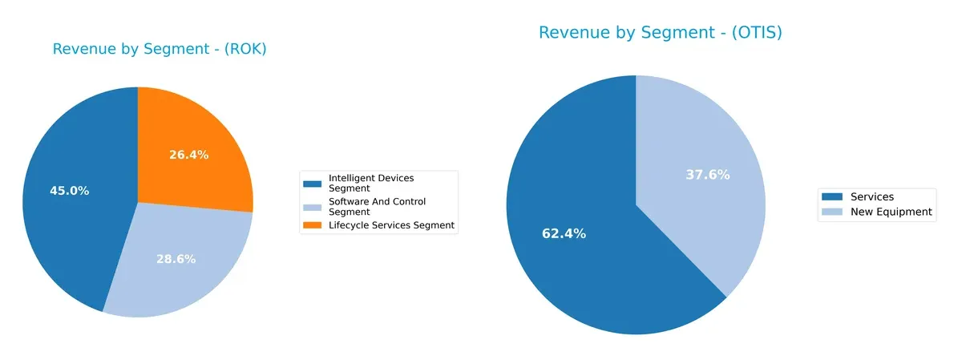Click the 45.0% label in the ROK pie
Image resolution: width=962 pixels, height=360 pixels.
(69, 191)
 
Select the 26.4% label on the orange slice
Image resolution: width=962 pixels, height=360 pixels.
(188, 155)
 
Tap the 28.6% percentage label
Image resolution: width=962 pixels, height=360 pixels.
(176, 259)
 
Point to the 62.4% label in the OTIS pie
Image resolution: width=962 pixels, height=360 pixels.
(564, 234)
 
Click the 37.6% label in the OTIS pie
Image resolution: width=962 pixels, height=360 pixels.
(708, 175)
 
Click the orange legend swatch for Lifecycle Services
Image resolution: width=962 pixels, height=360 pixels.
(315, 226)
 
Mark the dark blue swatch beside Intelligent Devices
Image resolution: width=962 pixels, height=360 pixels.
(315, 183)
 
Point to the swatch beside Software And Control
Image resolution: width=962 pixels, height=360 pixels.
(315, 207)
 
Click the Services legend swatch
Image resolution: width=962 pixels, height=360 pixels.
(833, 197)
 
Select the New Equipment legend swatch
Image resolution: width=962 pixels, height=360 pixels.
(833, 212)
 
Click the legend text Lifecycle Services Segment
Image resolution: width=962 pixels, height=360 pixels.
(391, 226)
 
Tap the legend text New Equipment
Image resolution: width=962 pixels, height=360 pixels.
(891, 212)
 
